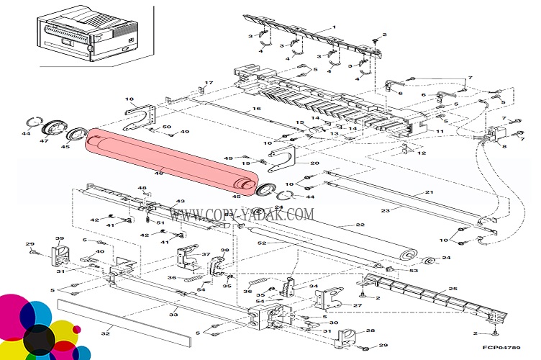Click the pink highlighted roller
coord(169,161)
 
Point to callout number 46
coord(160,172)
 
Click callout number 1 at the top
coord(334,27)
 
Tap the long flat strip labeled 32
coord(126,318)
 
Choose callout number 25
coord(453,289)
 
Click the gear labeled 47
coord(52,130)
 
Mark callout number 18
coord(129,99)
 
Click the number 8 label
coord(504,146)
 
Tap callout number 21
coord(429,192)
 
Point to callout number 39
coord(60,238)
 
